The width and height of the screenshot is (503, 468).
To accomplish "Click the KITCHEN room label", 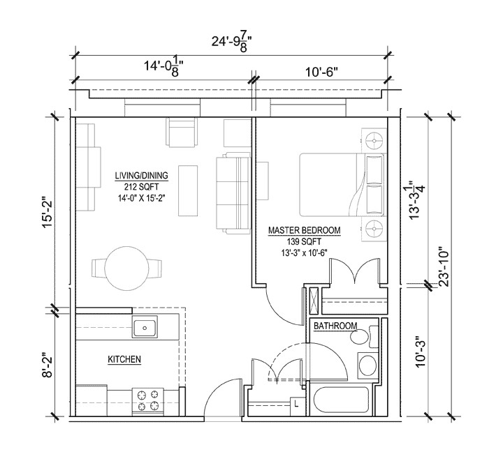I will coord(124,359).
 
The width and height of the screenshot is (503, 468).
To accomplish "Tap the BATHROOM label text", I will coord(335,326).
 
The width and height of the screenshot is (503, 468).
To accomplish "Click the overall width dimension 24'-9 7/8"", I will coord(231,41).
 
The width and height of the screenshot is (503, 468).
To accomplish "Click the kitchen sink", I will coord(146,326).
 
